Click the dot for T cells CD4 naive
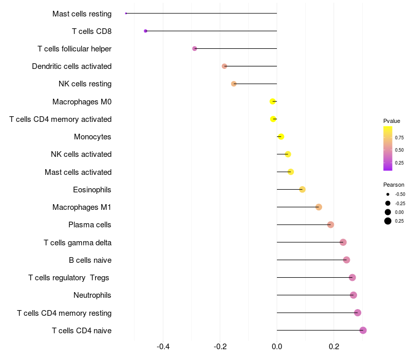[x=363, y=330]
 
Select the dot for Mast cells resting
[x=126, y=13]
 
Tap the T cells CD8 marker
[x=145, y=31]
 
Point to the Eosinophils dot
[x=303, y=190]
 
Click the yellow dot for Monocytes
[x=281, y=137]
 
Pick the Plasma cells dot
[x=330, y=225]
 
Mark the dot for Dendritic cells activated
[x=225, y=66]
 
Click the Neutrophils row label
[x=92, y=295]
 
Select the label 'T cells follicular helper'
[x=74, y=49]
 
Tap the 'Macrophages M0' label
[x=82, y=102]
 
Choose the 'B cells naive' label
[x=90, y=260]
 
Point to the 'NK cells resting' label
[x=85, y=84]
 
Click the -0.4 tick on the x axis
[x=163, y=347]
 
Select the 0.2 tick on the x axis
[x=334, y=347]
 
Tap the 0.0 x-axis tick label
[x=277, y=347]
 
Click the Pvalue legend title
[x=391, y=121]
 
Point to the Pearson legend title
[x=394, y=185]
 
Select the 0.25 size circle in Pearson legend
[x=388, y=221]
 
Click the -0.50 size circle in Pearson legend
[x=388, y=194]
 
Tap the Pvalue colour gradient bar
[x=388, y=148]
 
